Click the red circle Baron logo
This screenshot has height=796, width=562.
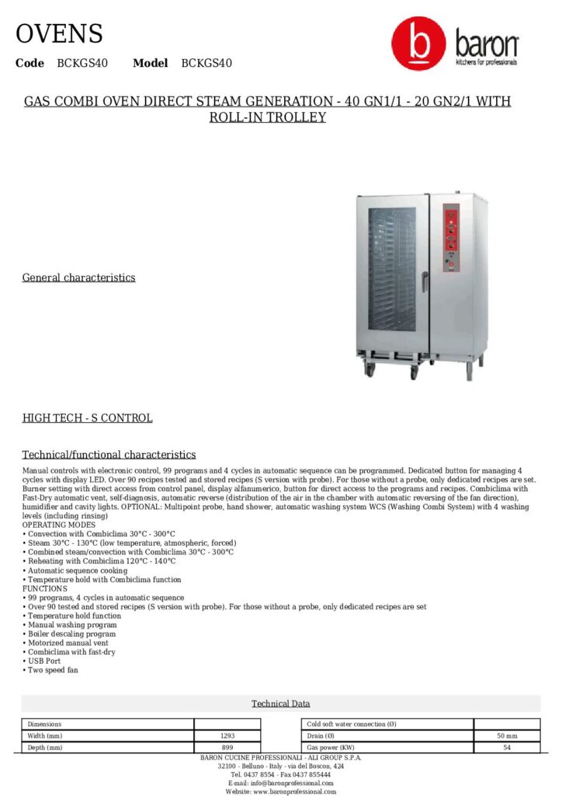coord(418,45)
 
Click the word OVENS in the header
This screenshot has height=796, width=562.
coord(59,34)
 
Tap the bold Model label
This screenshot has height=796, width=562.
coord(150,63)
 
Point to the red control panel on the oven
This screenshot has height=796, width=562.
coord(451,238)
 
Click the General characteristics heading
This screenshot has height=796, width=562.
coord(78,278)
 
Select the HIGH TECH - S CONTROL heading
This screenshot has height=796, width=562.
coord(87,418)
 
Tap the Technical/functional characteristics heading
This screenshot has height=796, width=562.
coord(109,455)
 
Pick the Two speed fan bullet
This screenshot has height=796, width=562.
coord(51,670)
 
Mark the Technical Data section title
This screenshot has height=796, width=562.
coord(280,703)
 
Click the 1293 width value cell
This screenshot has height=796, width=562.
coord(227,735)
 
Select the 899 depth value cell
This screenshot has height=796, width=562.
coord(227,747)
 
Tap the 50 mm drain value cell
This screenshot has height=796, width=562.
coord(506,735)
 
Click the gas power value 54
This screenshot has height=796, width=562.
coord(506,747)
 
